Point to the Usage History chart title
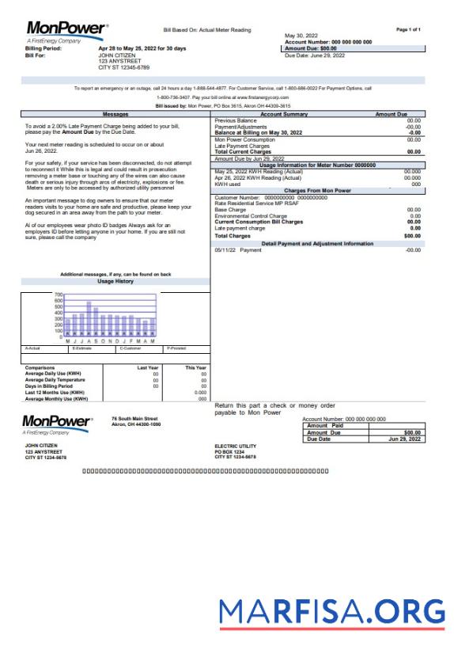coord(115,281)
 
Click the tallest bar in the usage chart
coord(89,318)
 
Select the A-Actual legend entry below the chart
coord(33,348)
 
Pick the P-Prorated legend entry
coord(176,348)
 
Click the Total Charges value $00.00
coord(412,236)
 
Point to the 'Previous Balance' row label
coord(238,120)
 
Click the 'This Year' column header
coord(195,367)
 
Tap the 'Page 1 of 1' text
coord(408,28)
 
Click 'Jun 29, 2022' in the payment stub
coord(405,439)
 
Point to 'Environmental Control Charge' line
coord(251,215)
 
